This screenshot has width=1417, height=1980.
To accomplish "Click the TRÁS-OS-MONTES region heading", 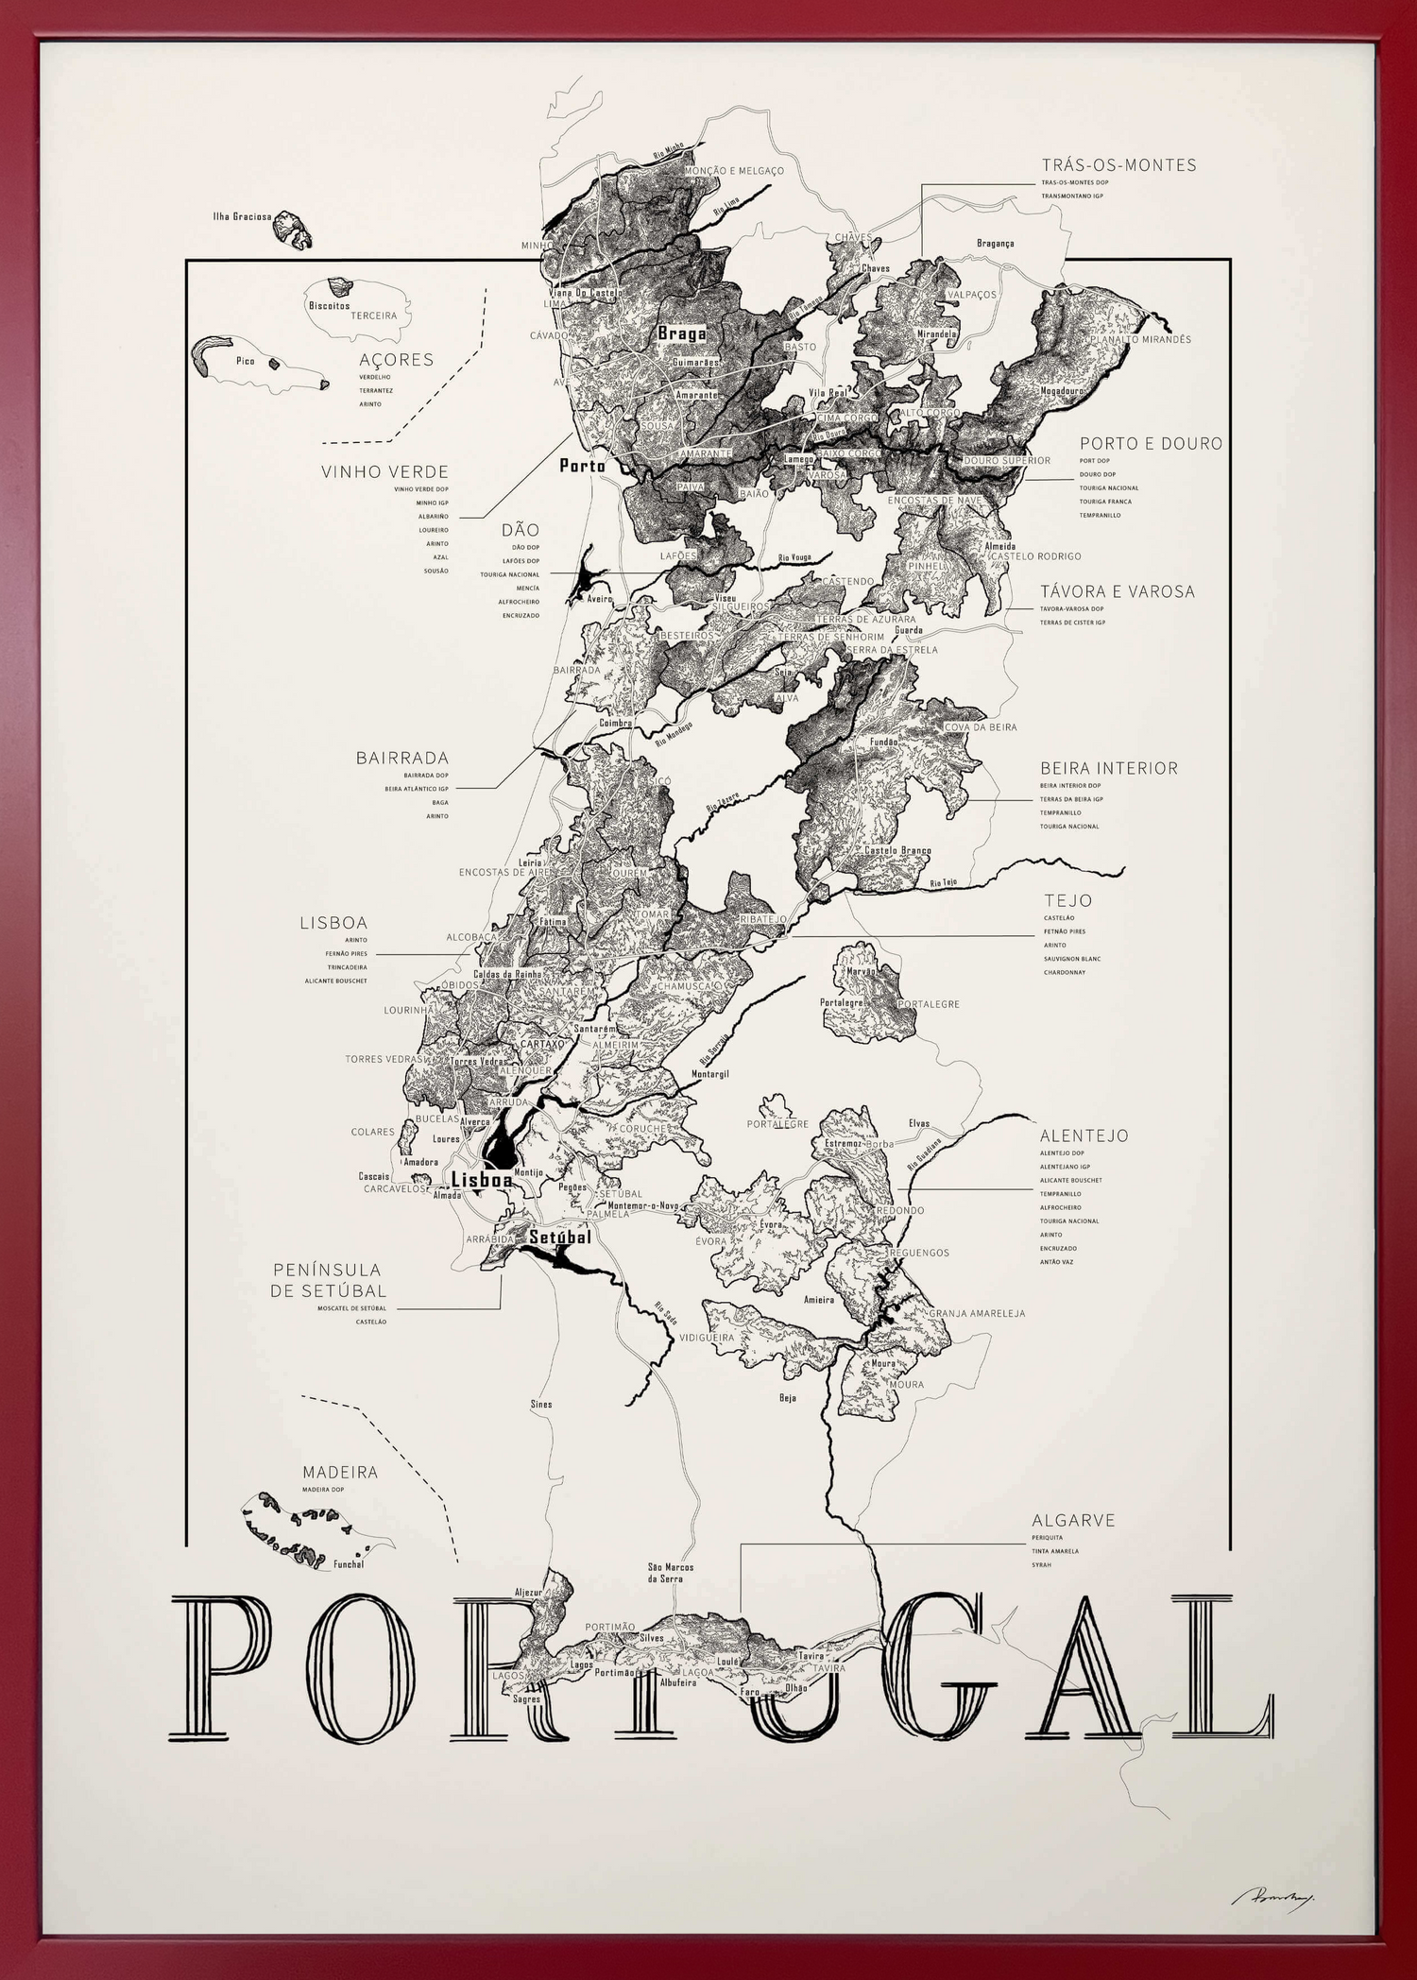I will [1118, 165].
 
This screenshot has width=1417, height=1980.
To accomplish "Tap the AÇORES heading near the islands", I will [396, 360].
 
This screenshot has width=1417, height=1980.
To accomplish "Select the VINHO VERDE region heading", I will [384, 471].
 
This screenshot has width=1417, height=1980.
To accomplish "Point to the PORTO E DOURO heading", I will [1151, 443].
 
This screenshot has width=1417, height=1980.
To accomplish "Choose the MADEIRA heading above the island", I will [340, 1473].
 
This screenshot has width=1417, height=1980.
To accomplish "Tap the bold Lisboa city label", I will [482, 1180].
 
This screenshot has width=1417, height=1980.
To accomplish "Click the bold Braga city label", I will [681, 333].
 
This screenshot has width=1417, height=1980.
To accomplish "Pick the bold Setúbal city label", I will [559, 1237].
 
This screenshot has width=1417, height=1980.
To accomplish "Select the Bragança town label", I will [995, 243].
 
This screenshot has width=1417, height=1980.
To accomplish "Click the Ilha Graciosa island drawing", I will [294, 230].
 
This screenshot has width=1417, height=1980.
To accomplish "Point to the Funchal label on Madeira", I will [349, 1564].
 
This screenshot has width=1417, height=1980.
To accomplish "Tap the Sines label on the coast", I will [540, 1405].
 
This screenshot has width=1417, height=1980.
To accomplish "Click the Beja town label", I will [788, 1398].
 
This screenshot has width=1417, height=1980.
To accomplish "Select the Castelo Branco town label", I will [897, 851].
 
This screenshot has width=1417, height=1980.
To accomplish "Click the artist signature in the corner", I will [1267, 1898].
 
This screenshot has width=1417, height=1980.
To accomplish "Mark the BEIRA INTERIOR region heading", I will [1108, 769].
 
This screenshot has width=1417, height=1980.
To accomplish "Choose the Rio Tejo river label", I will [943, 882].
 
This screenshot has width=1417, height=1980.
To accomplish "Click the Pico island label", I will [245, 361].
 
